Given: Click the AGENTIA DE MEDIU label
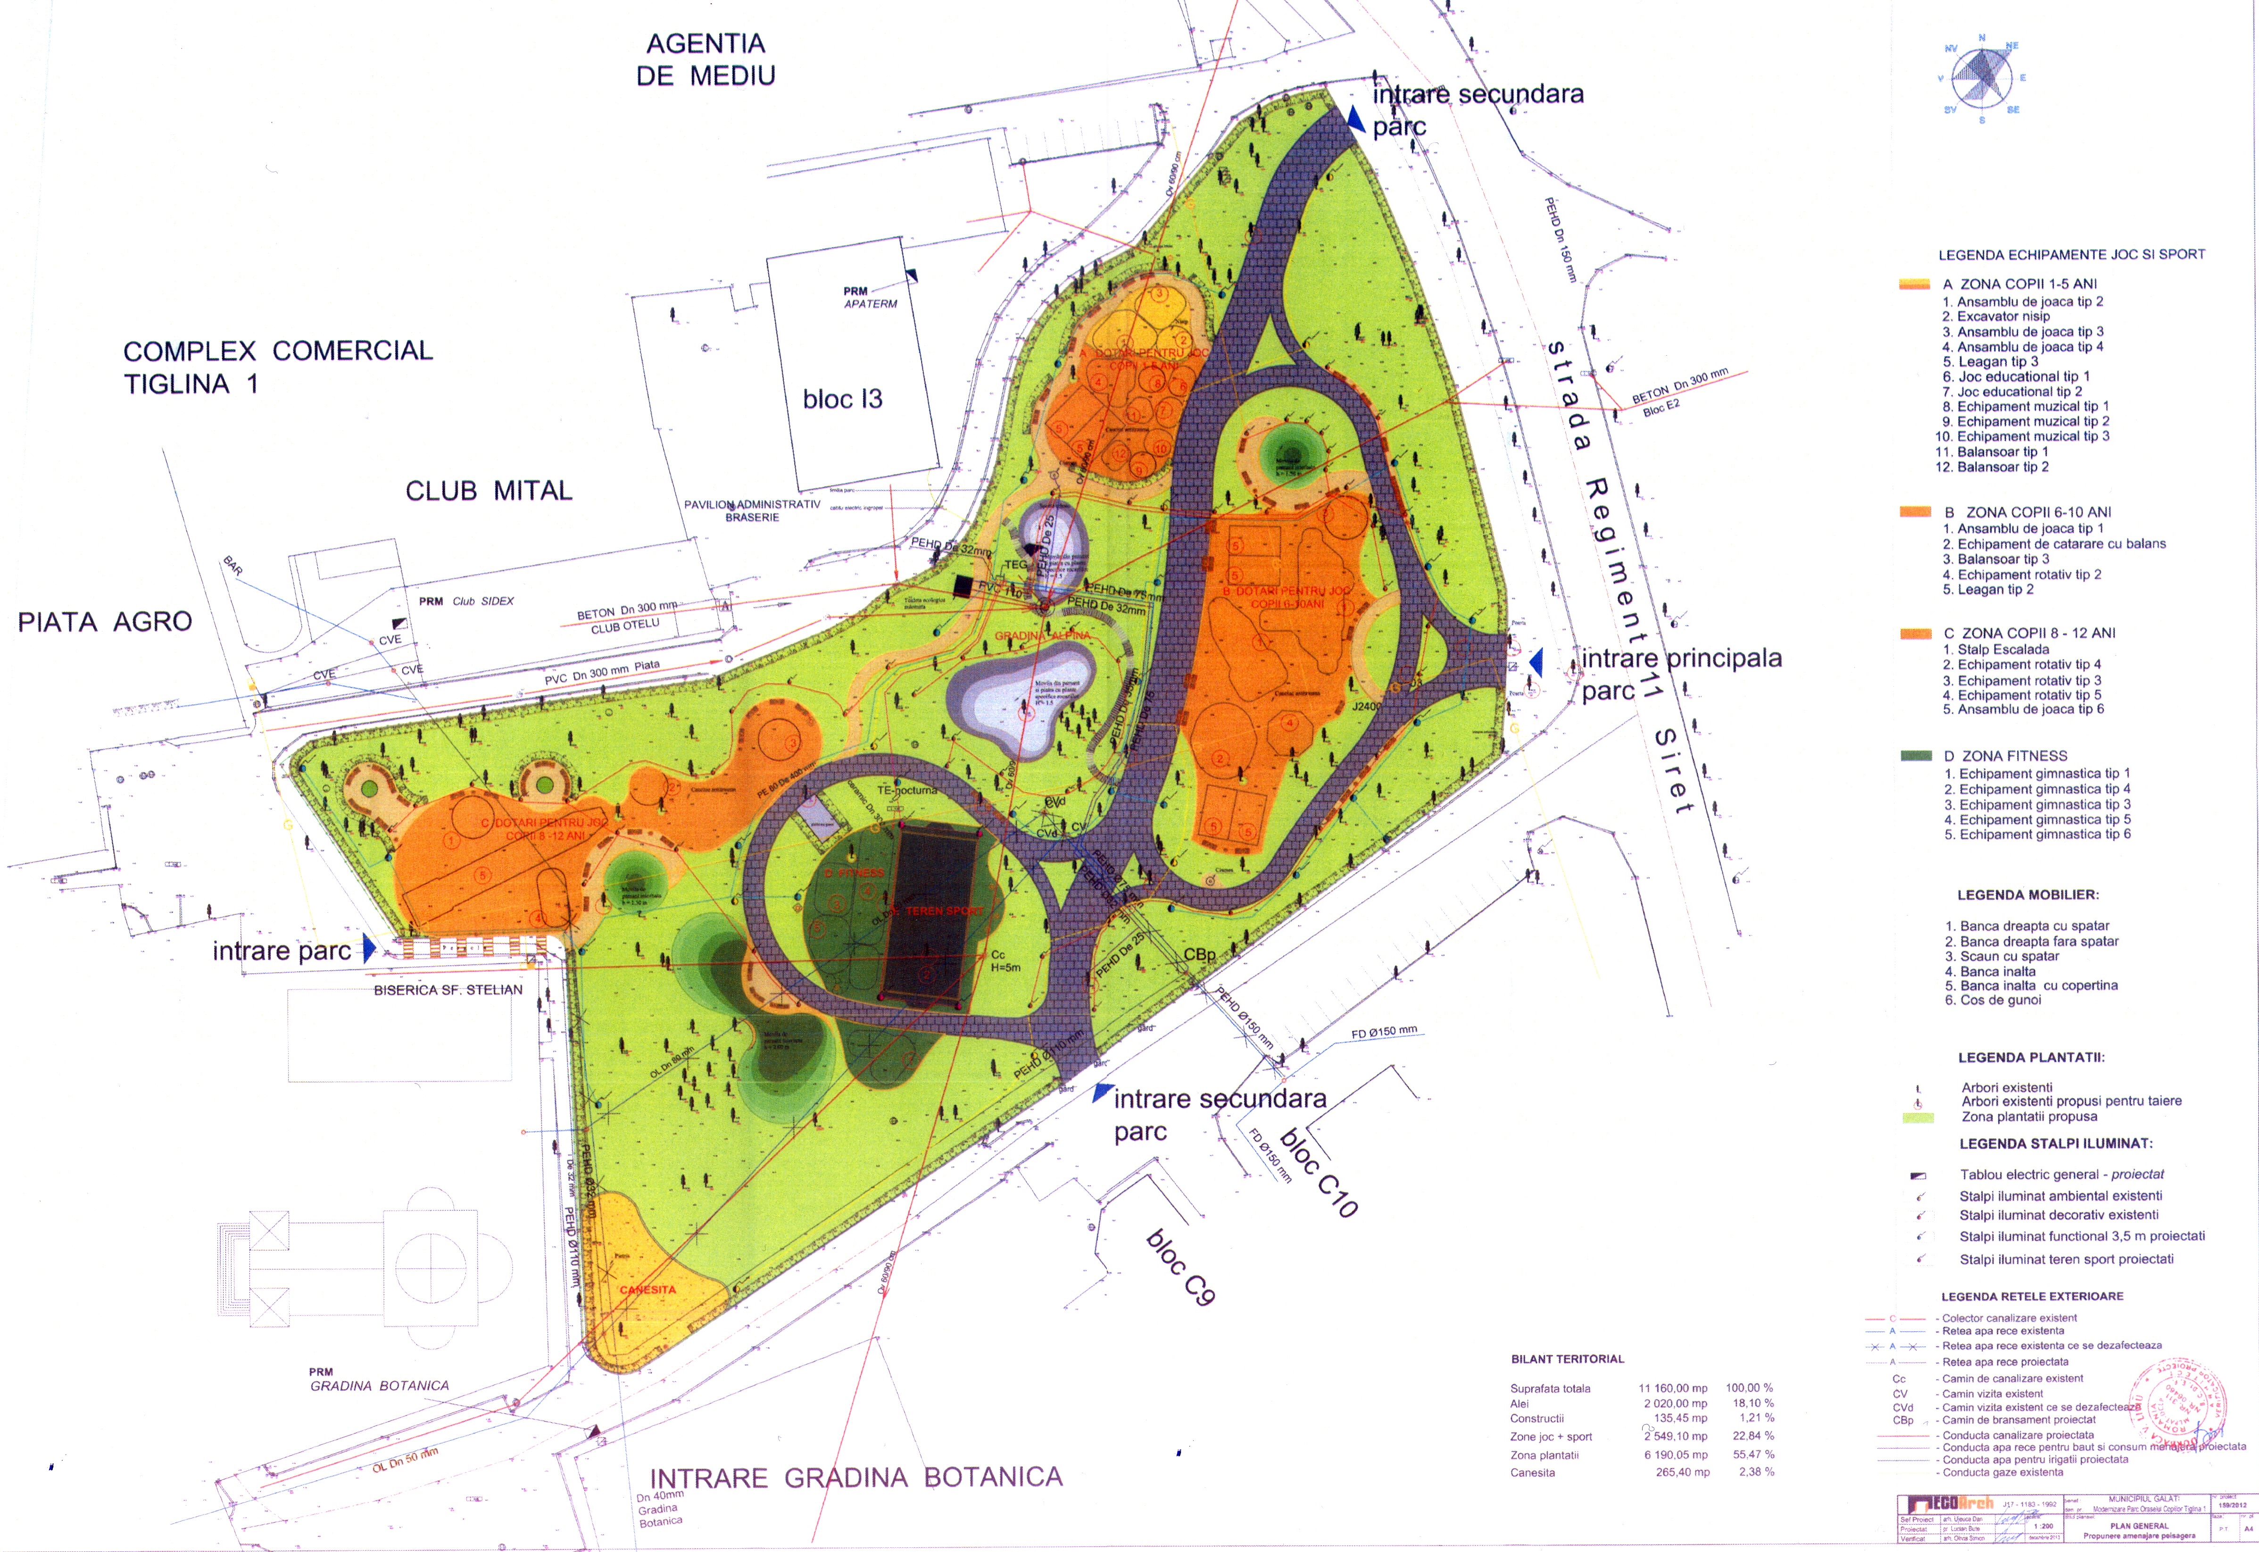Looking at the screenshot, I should (x=706, y=59).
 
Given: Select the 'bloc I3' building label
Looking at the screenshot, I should (x=842, y=399).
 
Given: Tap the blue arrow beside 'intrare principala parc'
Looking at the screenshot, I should (x=1536, y=663).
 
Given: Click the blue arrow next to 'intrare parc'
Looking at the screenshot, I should (x=369, y=948).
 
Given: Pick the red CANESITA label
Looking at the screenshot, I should (x=648, y=1289).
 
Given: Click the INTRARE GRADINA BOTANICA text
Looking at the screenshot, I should (x=855, y=1478).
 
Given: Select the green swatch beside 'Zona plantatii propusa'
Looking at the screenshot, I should (x=1917, y=1118).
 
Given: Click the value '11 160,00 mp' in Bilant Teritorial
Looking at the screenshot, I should (x=1673, y=1388).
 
